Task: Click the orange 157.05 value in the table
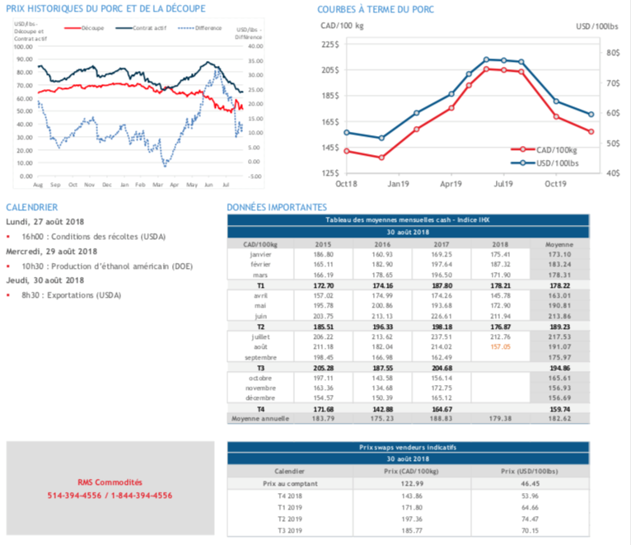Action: (x=500, y=347)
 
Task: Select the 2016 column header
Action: (x=382, y=245)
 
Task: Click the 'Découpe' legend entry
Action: (x=92, y=27)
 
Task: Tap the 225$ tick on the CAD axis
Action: (x=329, y=45)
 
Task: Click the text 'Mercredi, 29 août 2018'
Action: (x=52, y=251)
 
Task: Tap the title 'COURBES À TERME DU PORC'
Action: (x=376, y=9)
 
